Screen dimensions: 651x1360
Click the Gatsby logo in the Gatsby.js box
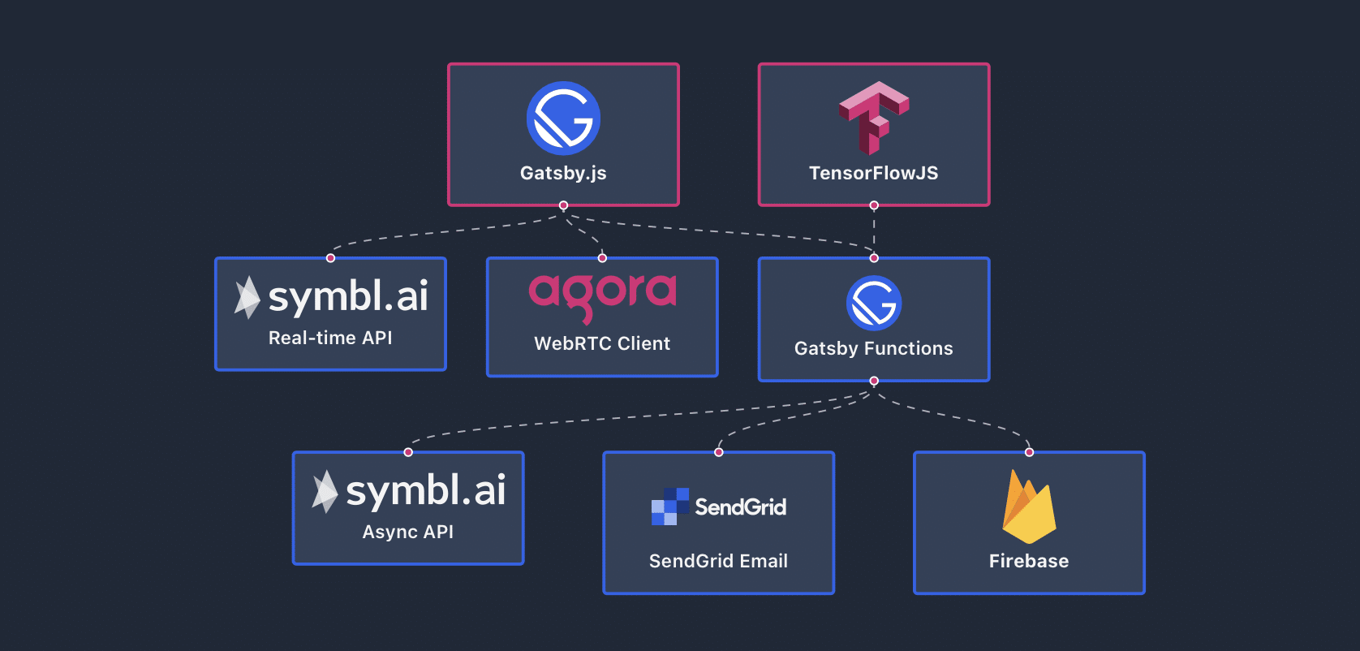click(563, 119)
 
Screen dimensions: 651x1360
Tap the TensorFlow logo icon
click(874, 118)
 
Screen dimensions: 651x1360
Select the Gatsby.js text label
click(563, 173)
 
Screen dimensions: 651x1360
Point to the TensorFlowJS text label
click(874, 173)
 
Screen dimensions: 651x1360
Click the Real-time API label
click(330, 338)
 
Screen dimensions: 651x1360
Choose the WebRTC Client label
click(602, 343)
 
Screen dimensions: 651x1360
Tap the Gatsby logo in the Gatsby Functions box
click(874, 303)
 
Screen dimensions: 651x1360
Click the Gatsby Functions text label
click(874, 348)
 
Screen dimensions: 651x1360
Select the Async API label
click(408, 532)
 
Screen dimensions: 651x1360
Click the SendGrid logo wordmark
click(719, 507)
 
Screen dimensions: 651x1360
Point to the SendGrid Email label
click(719, 561)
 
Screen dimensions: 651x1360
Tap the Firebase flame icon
click(1029, 507)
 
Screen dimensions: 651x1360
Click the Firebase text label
click(1029, 561)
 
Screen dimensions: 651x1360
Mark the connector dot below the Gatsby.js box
click(563, 205)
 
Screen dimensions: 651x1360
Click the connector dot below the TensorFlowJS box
click(874, 205)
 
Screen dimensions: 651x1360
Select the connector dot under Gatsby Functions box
click(874, 381)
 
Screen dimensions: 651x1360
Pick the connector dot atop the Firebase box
click(1029, 452)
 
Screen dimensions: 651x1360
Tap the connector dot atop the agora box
click(602, 258)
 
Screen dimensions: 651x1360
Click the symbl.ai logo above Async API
click(410, 490)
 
